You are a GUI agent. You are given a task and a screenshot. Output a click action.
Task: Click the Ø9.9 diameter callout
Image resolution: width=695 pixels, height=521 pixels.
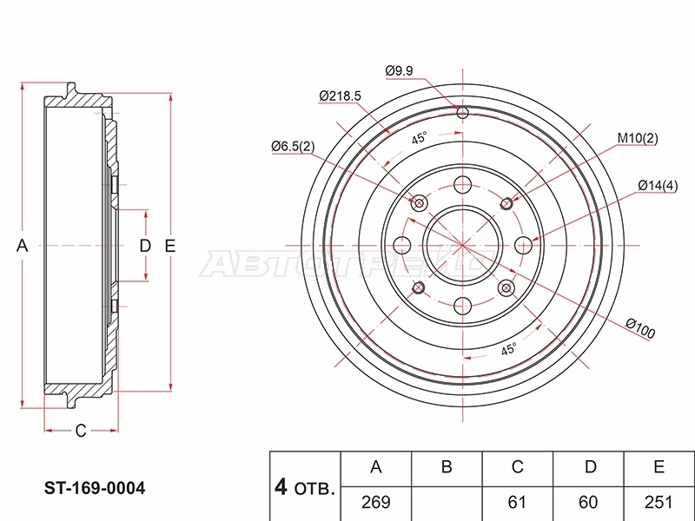399,71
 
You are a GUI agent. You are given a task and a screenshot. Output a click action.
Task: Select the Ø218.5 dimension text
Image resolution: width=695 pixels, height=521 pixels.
340,96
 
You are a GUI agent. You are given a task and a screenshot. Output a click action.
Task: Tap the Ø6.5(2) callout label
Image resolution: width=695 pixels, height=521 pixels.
293,146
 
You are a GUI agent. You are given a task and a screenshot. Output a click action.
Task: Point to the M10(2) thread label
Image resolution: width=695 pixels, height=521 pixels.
638,138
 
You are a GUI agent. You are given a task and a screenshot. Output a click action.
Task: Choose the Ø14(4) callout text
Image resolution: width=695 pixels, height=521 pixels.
658,185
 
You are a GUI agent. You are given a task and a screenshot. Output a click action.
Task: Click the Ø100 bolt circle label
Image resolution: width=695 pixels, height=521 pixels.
640,329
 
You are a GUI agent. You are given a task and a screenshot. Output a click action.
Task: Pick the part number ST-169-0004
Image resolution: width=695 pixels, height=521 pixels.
95,488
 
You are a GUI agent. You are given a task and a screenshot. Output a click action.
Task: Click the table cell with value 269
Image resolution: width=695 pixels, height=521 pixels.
376,502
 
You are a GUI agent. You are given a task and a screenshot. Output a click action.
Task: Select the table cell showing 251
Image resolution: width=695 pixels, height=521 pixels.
659,502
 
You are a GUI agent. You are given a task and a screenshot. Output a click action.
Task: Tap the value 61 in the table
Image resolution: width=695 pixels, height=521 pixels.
517,502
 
